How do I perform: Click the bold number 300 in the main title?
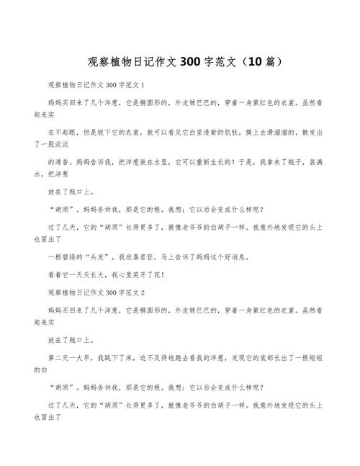click(192, 61)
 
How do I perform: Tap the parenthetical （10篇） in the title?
click(251, 61)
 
